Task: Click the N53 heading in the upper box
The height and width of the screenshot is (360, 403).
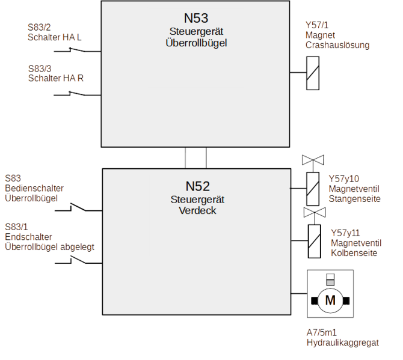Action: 196,18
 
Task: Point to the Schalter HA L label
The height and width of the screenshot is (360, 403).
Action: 54,37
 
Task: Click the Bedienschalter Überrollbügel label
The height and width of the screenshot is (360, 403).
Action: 34,192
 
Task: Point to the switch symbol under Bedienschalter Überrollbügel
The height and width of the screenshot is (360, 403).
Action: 76,208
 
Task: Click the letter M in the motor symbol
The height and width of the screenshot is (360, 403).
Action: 329,299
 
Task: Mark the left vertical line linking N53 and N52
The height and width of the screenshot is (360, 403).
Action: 186,158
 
